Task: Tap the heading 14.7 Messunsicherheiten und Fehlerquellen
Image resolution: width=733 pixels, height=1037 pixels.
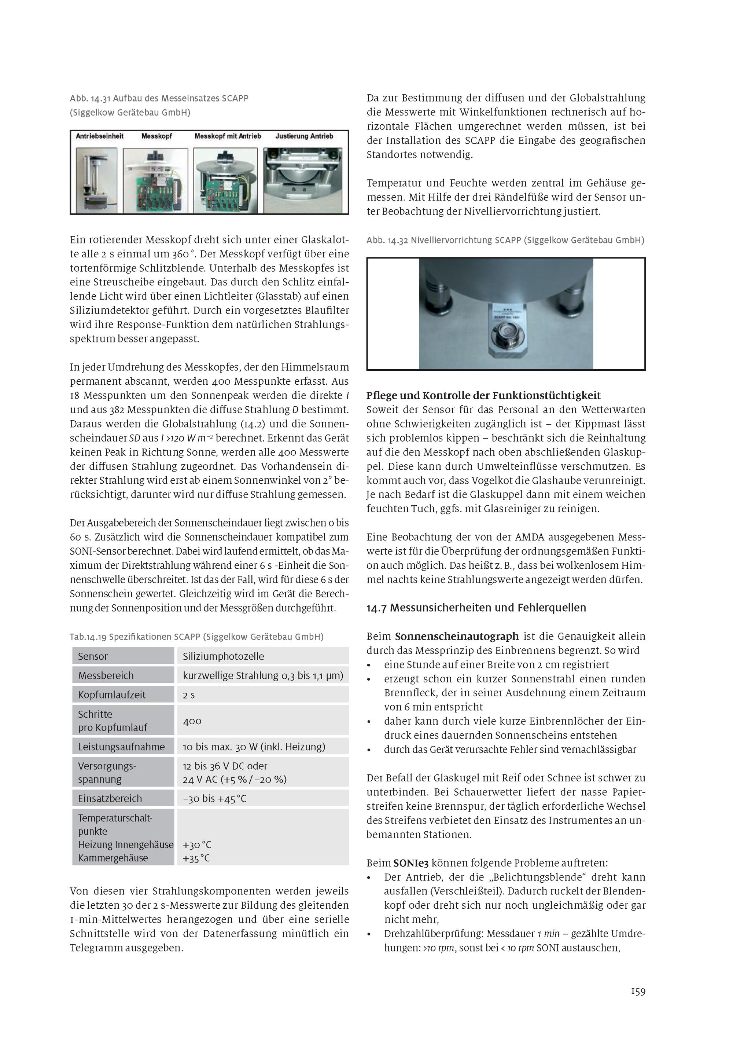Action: point(476,608)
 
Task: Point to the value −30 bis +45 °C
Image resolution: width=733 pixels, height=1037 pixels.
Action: point(214,799)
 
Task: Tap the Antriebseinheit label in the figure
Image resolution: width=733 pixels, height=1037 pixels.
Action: point(100,136)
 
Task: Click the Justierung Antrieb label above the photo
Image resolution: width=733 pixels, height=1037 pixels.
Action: point(304,136)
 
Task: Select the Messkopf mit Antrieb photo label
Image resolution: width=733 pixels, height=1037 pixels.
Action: point(228,136)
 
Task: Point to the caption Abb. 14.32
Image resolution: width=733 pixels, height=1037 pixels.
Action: point(505,240)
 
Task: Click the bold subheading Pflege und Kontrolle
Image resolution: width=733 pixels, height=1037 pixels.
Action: point(483,396)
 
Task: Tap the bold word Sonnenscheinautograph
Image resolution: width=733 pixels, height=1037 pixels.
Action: point(457,636)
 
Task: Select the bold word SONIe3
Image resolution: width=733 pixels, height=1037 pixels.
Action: point(411,863)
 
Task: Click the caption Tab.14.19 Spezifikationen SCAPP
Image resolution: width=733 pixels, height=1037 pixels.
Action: point(196,637)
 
